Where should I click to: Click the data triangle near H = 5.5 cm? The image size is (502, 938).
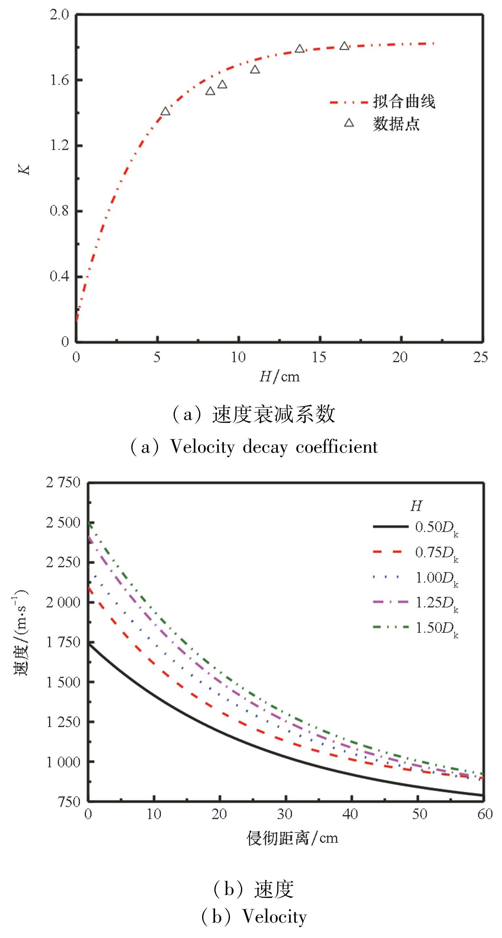tap(165, 111)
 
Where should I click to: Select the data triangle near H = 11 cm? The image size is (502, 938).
tap(255, 69)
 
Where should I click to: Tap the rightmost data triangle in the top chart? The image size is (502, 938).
tap(344, 46)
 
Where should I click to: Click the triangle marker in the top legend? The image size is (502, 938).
tap(349, 123)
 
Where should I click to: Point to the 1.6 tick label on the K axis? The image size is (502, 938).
tap(60, 80)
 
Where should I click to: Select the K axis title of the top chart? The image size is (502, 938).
tap(25, 170)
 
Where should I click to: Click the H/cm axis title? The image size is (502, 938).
tap(279, 376)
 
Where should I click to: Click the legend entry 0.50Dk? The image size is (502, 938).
tap(436, 528)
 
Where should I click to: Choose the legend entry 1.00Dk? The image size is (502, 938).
tap(436, 578)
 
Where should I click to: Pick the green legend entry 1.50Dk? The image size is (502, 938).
tap(436, 628)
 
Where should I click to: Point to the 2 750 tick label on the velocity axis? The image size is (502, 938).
tap(63, 483)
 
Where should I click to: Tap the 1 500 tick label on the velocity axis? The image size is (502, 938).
tap(63, 682)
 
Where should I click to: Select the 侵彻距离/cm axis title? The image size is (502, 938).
tap(292, 838)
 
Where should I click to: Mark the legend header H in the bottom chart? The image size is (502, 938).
tap(416, 506)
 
